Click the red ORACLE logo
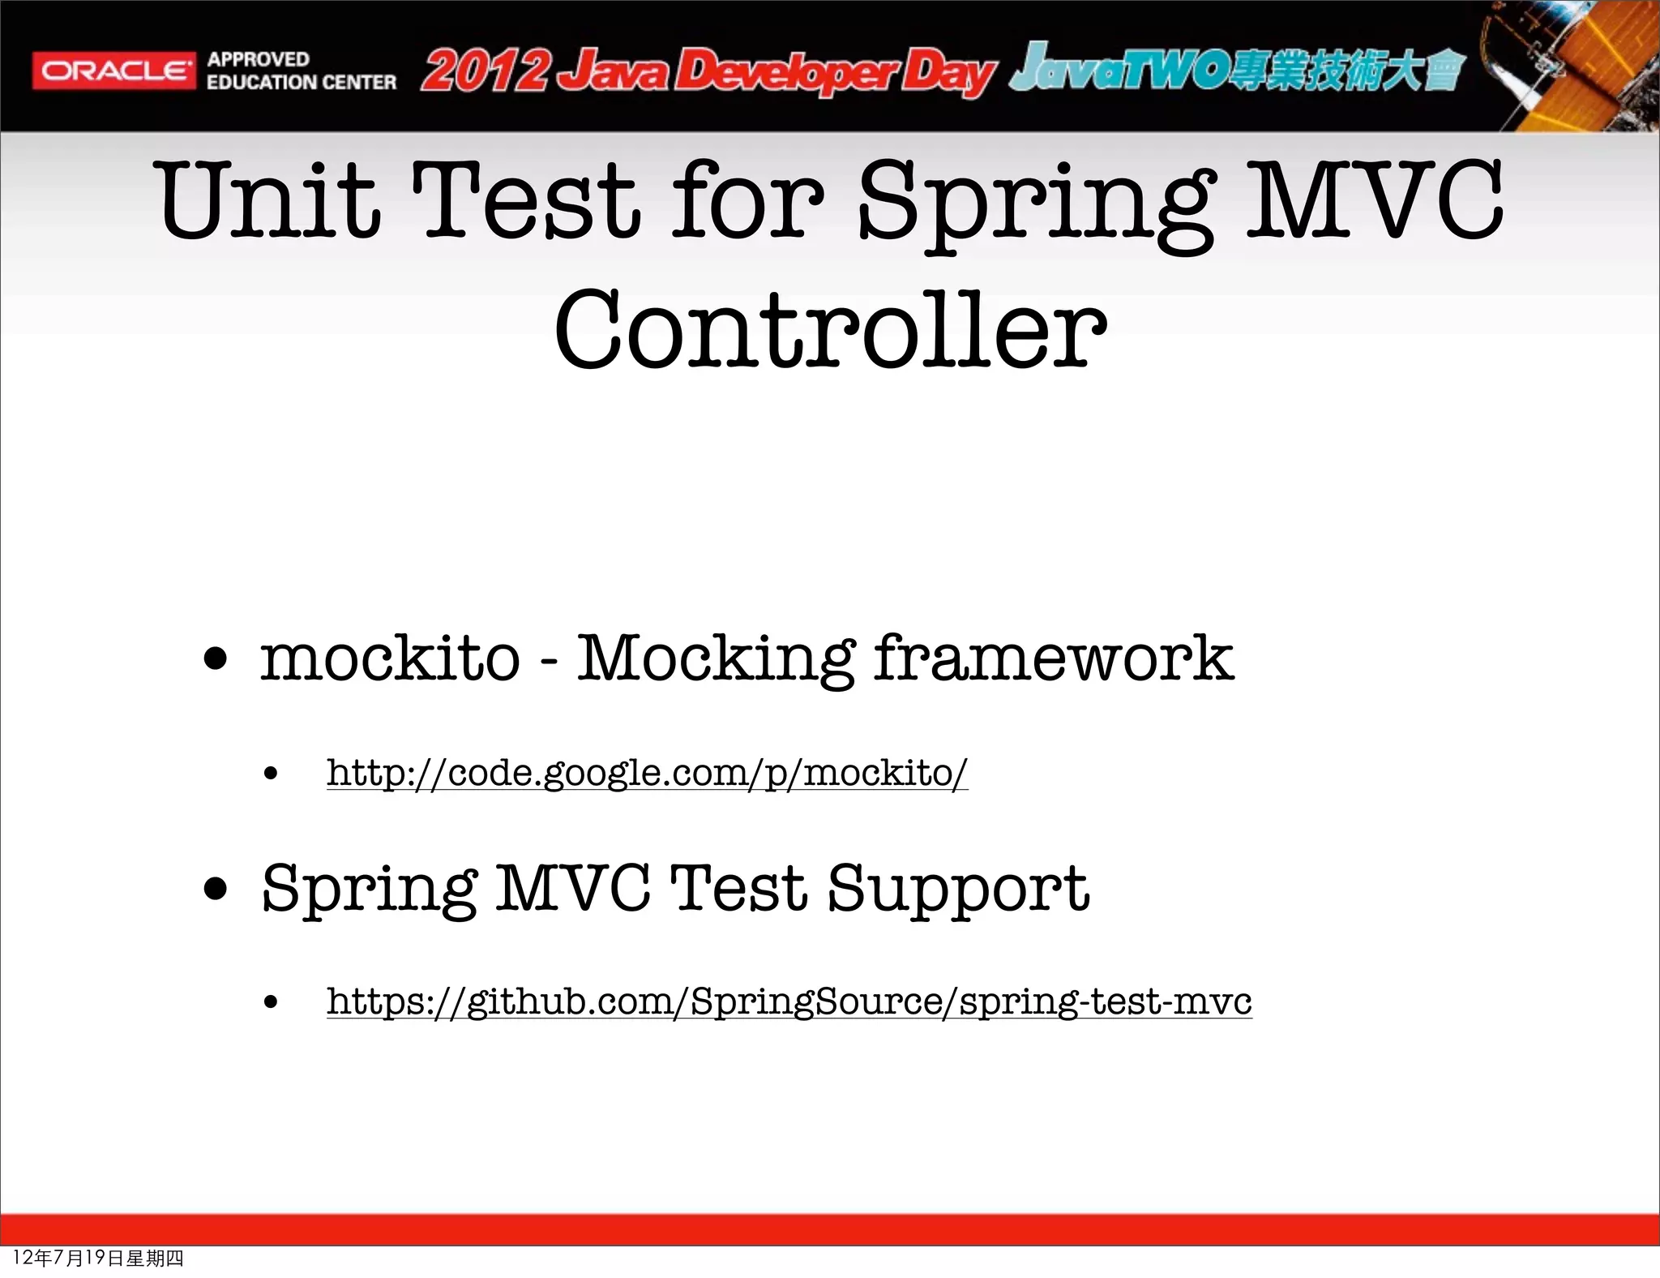point(113,71)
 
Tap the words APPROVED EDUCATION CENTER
point(301,71)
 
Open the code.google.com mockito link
point(647,773)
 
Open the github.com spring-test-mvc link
point(789,1001)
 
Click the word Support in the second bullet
point(957,890)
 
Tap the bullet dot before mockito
point(216,659)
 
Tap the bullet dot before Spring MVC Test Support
point(216,889)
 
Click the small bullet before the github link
point(271,1002)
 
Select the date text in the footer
point(98,1258)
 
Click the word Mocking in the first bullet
point(715,658)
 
